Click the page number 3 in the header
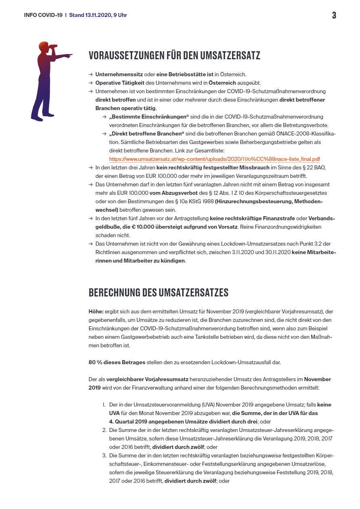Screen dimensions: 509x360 (x=334, y=16)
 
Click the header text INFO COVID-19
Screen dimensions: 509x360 (x=43, y=15)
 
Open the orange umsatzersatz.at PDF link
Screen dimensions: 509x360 (x=214, y=159)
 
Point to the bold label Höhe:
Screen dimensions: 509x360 (x=96, y=312)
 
